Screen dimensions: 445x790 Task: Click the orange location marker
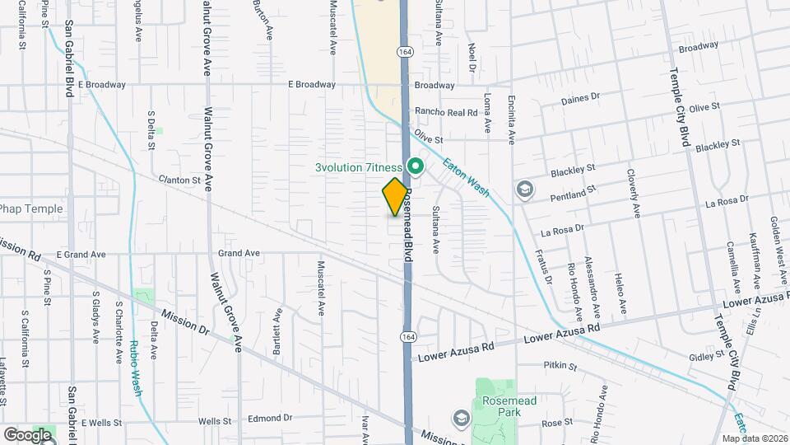pos(396,196)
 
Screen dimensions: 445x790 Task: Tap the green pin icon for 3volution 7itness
pos(416,167)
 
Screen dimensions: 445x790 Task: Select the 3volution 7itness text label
pos(359,167)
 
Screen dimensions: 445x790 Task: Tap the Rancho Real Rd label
pos(446,112)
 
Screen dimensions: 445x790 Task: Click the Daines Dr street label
pos(580,99)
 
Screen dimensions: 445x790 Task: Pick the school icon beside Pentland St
pos(524,190)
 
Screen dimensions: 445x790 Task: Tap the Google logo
pos(27,434)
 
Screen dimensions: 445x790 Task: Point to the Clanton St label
pos(180,179)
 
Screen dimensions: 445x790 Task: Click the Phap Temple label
pos(31,208)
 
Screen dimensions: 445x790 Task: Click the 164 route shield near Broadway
pos(404,51)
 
